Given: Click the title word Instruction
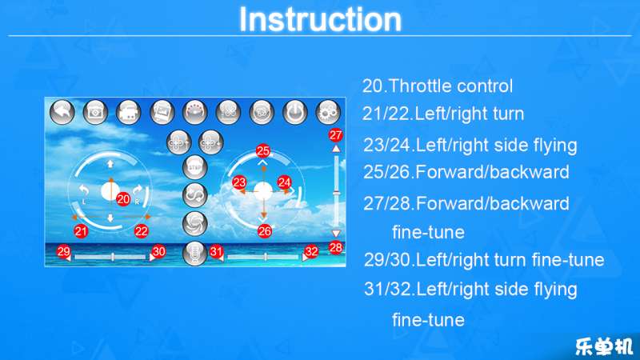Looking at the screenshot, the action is coord(321,19).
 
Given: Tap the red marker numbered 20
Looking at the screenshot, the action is coord(123,199).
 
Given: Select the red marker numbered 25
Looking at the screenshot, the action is coord(263,151).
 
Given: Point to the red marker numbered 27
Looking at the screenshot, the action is coord(335,135).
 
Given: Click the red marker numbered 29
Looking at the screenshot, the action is coord(64,251).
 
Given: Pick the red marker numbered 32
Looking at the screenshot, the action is coord(311,251).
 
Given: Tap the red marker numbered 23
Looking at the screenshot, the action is coord(239,182).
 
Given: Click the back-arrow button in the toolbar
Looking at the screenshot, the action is coord(62,111).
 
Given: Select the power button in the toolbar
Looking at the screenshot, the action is coord(294,111).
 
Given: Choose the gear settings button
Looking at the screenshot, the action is coord(328,111).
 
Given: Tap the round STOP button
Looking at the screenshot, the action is coord(194,167).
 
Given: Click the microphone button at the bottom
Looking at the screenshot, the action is coord(194,254).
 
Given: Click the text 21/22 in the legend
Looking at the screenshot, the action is coord(386,114).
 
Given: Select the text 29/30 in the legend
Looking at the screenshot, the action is coord(387,260).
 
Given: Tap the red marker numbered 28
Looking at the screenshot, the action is coord(335,248).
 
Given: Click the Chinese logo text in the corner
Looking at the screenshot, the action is coord(604,346).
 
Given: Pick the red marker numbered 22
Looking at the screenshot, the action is coord(142,231).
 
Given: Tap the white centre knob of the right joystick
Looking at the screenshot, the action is coord(263,191).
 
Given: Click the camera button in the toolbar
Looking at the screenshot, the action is coord(95,111).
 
